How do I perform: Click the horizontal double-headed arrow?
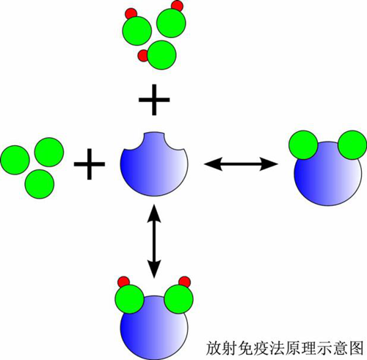[x=241, y=164]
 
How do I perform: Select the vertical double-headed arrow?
[x=154, y=241]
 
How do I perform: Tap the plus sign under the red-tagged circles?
[x=154, y=100]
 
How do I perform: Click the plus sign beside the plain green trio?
[x=90, y=164]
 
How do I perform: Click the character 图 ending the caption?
[x=355, y=348]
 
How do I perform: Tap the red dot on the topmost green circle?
[x=177, y=6]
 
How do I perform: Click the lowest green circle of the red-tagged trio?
[x=161, y=55]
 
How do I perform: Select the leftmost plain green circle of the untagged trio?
[x=15, y=160]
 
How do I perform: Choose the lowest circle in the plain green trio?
[x=40, y=184]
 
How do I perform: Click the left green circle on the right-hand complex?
[x=303, y=145]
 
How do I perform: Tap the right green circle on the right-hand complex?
[x=352, y=145]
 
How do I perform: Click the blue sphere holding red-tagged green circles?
[x=154, y=327]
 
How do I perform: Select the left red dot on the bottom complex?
[x=123, y=282]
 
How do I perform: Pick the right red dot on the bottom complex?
[x=185, y=282]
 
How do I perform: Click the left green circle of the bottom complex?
[x=130, y=299]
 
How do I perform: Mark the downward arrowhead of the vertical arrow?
[x=154, y=269]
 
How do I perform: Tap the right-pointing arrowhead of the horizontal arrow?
[x=269, y=164]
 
